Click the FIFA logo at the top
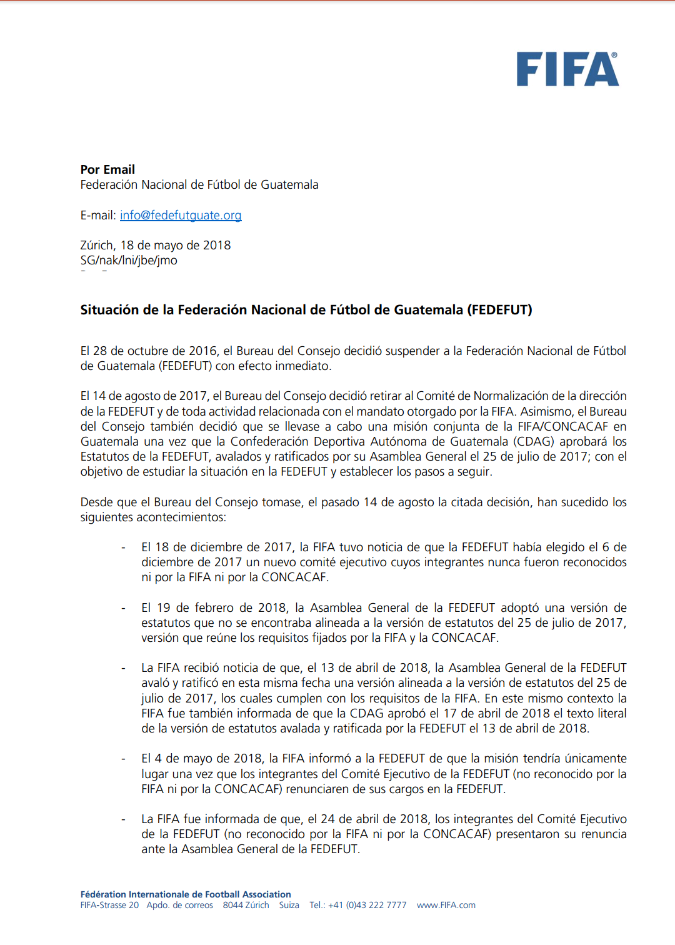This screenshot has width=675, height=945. tap(567, 69)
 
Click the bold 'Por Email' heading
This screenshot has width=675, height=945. tap(107, 169)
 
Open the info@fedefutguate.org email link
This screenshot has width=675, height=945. tap(181, 215)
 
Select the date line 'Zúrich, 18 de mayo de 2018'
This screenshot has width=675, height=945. tap(156, 245)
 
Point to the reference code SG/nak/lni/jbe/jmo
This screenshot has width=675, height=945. tap(129, 260)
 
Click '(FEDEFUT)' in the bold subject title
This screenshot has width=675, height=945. tap(499, 310)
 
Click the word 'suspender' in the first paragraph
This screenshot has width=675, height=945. tap(412, 351)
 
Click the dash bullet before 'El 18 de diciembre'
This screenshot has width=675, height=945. tap(123, 547)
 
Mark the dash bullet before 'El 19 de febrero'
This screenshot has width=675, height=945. tap(123, 608)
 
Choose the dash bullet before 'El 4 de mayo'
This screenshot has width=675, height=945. tap(123, 759)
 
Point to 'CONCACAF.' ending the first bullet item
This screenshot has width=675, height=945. tap(295, 577)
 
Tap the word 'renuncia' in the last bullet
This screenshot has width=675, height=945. tap(604, 834)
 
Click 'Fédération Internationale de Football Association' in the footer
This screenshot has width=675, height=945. tap(186, 894)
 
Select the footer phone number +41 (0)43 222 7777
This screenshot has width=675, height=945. tap(367, 905)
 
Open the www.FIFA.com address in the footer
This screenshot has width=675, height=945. tap(446, 905)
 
